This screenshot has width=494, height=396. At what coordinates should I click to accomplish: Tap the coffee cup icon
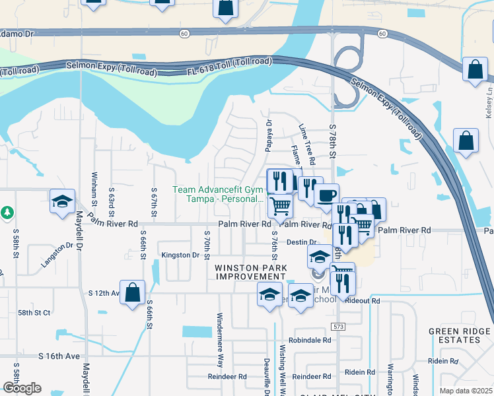click(x=326, y=195)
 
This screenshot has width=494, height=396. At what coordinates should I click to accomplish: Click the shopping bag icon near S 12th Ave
click(x=132, y=292)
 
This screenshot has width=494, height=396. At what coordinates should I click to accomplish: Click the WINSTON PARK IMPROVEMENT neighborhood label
click(x=250, y=272)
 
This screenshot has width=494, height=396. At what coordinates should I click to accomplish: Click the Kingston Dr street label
click(x=180, y=255)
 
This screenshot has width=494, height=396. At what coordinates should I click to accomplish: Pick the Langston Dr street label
click(x=56, y=254)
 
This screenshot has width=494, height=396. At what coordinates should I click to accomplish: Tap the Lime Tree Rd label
click(x=306, y=144)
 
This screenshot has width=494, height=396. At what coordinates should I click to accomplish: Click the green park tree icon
click(x=7, y=213)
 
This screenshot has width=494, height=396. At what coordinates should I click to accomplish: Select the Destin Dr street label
click(x=302, y=242)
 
